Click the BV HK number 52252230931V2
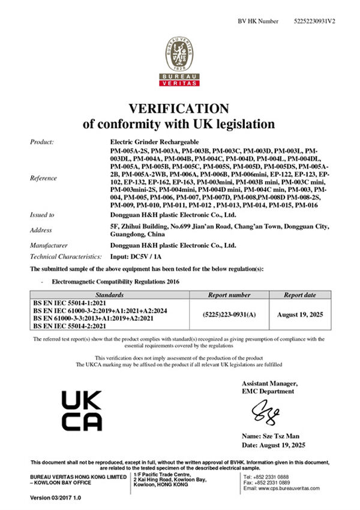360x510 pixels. click(315, 21)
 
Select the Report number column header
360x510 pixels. click(229, 295)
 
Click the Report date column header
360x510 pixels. click(299, 295)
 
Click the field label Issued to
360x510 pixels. click(42, 215)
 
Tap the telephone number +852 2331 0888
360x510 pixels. click(275, 476)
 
